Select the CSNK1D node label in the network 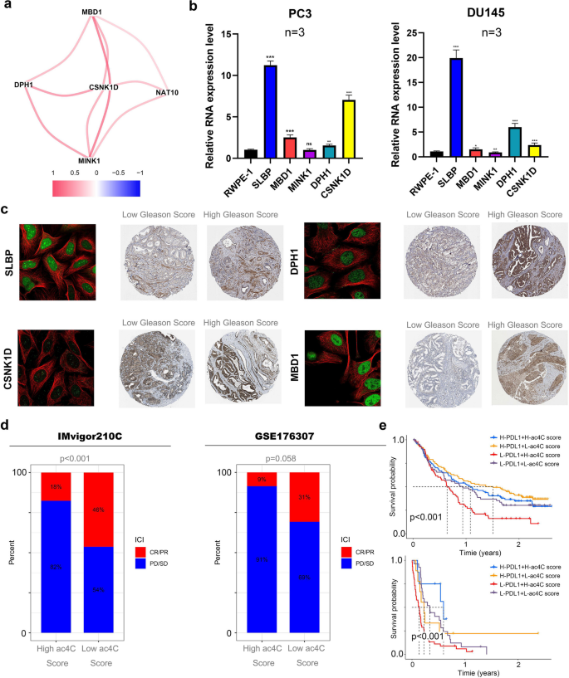tap(105, 86)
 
